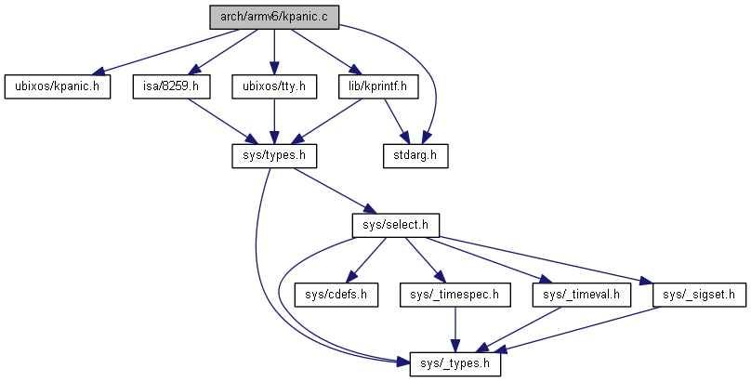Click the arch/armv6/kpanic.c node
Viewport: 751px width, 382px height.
tap(272, 18)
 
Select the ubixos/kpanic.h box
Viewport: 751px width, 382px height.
tap(58, 87)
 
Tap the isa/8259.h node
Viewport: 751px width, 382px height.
tap(171, 87)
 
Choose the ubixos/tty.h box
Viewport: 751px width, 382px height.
tap(273, 87)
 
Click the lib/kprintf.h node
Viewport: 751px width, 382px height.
tap(378, 87)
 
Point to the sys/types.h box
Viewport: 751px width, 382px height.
tap(273, 155)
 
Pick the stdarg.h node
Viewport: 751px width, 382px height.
tap(415, 155)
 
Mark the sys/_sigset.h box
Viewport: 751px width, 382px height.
tap(699, 296)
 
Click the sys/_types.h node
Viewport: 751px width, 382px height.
tap(455, 364)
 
